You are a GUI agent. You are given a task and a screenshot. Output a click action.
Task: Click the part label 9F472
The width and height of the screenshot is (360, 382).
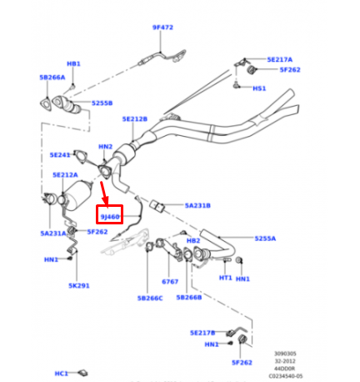click(x=162, y=28)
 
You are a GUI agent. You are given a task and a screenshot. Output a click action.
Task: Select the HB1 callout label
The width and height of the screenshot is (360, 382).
click(x=73, y=63)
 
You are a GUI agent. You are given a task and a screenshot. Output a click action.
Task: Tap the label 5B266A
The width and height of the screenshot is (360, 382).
click(x=52, y=77)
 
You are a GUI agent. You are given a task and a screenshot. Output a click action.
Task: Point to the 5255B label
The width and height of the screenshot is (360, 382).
click(x=102, y=103)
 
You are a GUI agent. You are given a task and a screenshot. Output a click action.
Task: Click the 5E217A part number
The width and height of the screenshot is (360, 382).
click(x=280, y=60)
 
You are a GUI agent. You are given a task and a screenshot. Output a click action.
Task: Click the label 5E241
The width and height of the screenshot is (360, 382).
click(x=61, y=155)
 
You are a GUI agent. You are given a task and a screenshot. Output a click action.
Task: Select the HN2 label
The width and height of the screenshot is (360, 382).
click(x=105, y=148)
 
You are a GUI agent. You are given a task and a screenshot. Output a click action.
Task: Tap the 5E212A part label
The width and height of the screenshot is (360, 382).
click(x=64, y=175)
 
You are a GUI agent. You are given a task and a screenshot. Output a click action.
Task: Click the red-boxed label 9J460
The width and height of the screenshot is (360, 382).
click(x=110, y=216)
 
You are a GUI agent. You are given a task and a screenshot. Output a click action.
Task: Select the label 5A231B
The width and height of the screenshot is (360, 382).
click(x=197, y=205)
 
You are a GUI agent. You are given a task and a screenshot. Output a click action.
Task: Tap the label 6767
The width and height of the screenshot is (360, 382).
click(x=170, y=282)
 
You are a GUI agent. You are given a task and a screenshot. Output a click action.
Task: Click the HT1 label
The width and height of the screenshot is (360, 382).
click(x=226, y=279)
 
